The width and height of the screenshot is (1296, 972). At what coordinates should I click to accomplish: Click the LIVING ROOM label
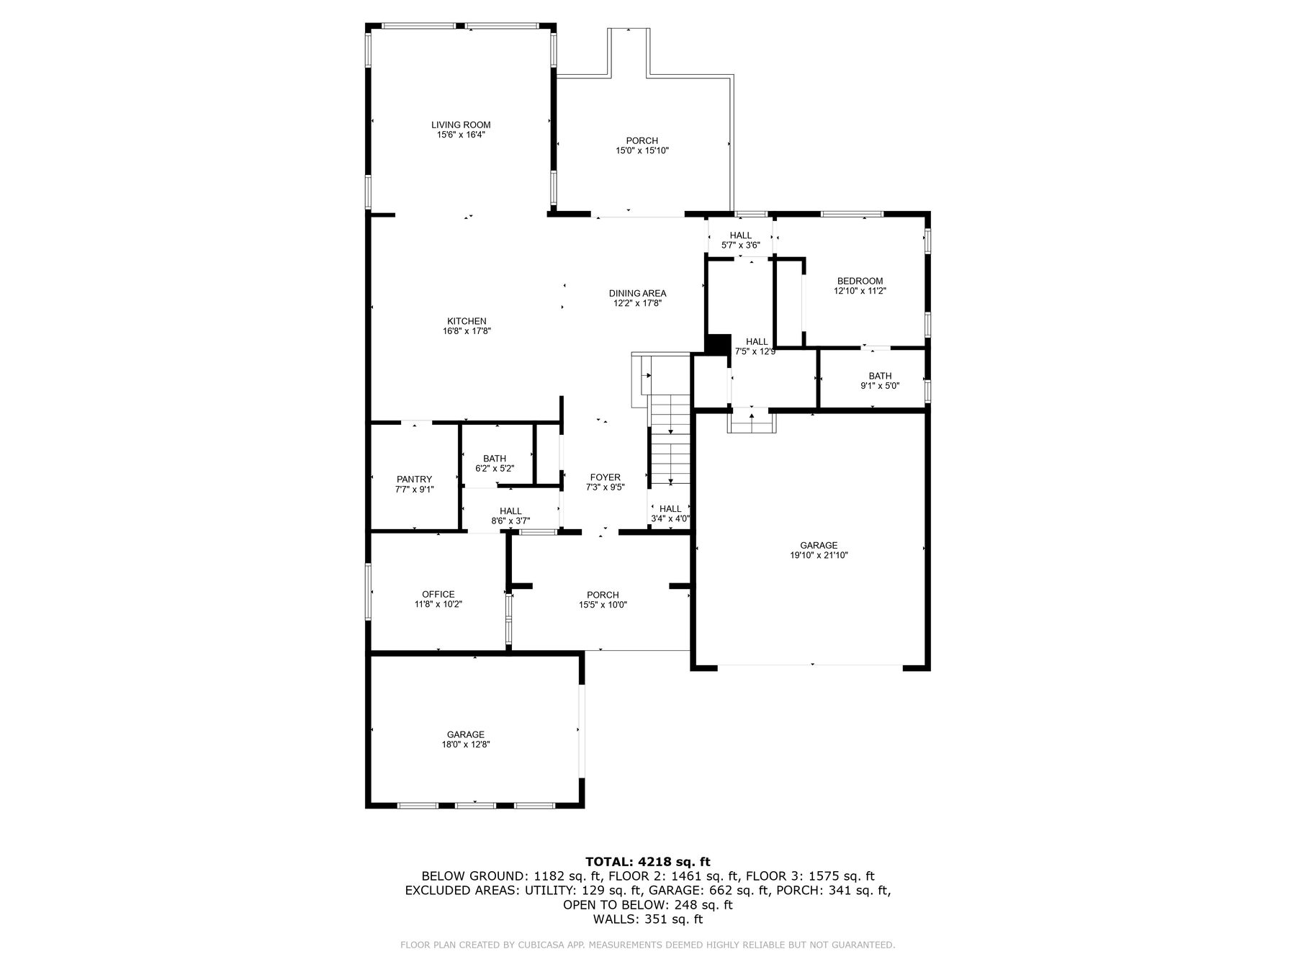click(461, 125)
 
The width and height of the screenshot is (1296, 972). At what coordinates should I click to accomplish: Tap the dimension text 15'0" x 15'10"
click(642, 150)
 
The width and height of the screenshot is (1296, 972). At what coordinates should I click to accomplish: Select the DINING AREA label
click(637, 293)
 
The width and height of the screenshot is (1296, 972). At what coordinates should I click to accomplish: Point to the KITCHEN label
click(467, 321)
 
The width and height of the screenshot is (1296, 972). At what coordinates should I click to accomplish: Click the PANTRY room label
click(414, 479)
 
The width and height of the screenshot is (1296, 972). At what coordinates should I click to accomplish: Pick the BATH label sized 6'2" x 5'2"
click(495, 458)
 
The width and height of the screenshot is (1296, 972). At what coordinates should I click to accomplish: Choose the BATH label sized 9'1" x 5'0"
click(880, 376)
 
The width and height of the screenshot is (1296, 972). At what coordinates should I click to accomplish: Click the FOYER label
click(605, 477)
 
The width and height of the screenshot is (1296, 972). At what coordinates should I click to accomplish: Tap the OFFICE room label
click(438, 594)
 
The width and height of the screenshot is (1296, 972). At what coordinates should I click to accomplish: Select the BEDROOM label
click(860, 281)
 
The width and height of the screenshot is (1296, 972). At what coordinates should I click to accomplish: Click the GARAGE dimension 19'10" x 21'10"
click(819, 555)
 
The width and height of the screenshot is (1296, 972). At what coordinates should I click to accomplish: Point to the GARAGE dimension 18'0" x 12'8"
click(465, 744)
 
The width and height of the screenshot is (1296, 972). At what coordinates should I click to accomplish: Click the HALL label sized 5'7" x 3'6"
click(740, 235)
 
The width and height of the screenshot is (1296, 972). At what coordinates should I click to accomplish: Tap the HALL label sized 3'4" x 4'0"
click(670, 508)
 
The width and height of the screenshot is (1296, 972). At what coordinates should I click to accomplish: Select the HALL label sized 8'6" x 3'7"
click(510, 511)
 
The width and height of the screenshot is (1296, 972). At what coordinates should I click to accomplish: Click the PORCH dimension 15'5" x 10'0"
click(603, 605)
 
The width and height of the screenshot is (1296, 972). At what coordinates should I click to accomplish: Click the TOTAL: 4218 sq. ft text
click(647, 861)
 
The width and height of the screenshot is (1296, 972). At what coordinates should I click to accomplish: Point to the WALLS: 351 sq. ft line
click(647, 919)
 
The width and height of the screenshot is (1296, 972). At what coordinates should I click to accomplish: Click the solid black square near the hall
click(719, 344)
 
